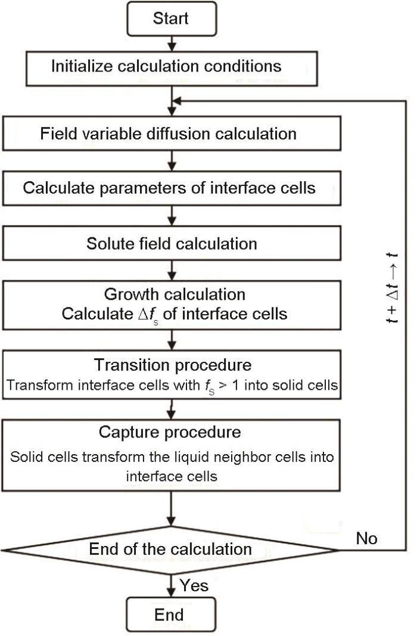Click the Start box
pos(172,18)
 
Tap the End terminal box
pos(170,615)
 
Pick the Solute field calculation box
pos(172,243)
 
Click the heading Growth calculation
pos(175,294)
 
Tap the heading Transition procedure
pos(173,365)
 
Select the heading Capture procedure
pos(170,432)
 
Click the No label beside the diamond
pos(367,538)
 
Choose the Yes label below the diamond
pos(194,585)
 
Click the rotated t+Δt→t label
pos(392,288)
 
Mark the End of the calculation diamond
pos(170,550)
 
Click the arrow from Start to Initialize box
pos(172,44)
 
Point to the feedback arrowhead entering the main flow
pos(176,101)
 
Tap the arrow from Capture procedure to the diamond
pos(172,509)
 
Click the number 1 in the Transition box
pos(235,385)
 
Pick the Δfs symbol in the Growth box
pos(148,315)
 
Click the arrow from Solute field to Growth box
pos(172,271)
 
